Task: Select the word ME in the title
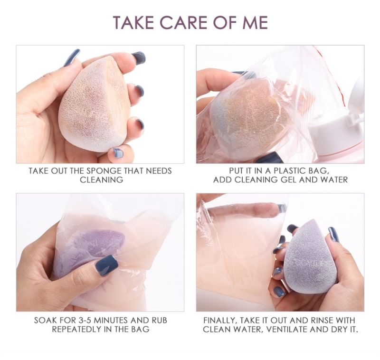(x=255, y=22)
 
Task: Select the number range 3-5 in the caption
(x=79, y=320)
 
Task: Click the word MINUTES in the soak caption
(x=111, y=320)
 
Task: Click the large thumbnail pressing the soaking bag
(x=106, y=265)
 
